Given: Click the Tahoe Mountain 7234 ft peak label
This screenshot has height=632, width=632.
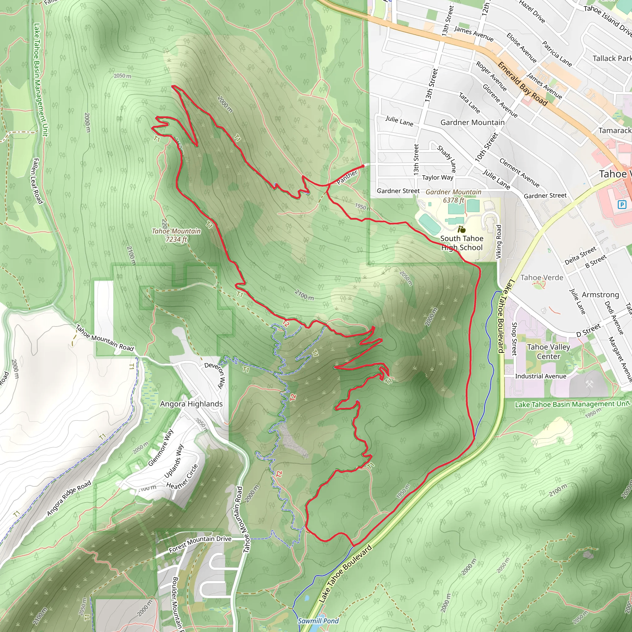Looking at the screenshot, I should [x=176, y=235].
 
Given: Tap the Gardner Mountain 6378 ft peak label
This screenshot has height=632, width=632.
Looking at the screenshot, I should [x=453, y=196].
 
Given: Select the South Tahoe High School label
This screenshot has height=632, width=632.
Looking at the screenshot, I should [x=462, y=243].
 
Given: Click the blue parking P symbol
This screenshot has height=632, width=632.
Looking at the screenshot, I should [x=622, y=205].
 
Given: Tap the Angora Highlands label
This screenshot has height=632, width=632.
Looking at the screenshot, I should [x=191, y=404].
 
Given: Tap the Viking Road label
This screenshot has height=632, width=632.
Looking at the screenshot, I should [x=499, y=242].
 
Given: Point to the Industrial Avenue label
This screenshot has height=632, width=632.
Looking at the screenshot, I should [x=541, y=376].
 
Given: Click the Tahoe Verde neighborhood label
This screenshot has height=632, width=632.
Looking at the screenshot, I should [x=542, y=278].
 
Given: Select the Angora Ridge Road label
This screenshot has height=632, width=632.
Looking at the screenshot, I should [x=69, y=499].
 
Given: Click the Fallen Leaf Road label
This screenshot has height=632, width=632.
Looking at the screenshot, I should [x=38, y=181].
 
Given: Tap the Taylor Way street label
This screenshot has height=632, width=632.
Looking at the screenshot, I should [x=437, y=178].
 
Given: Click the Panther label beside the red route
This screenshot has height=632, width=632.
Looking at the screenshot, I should [x=347, y=177].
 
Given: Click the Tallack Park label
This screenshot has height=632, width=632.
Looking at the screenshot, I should [x=612, y=59].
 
